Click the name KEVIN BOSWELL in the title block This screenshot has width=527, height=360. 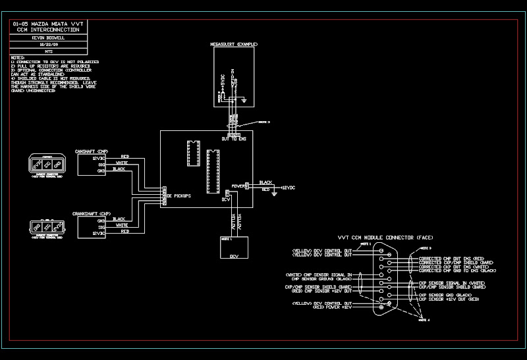coord(49,38)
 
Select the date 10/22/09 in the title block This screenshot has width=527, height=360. coord(49,44)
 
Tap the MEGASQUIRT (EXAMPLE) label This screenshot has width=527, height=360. coord(235,43)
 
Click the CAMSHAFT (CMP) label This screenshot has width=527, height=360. coord(92,151)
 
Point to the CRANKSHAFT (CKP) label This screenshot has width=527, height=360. coord(92,214)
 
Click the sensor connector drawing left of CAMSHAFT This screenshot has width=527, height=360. coord(47,165)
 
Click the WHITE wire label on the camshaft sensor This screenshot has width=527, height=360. coord(122,163)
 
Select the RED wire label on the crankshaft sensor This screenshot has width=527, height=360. coord(125,232)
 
